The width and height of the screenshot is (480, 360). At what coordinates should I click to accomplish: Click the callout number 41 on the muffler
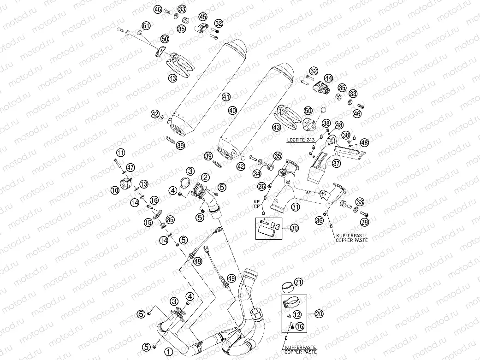click(225, 97)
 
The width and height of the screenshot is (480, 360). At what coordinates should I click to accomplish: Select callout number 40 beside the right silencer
click(232, 111)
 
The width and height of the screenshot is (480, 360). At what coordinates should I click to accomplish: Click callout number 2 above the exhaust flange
click(205, 177)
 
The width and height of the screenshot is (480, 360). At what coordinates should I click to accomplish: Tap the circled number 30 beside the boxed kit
click(294, 228)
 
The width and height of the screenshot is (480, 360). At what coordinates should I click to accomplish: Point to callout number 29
click(365, 223)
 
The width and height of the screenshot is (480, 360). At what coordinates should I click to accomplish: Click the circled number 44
click(328, 78)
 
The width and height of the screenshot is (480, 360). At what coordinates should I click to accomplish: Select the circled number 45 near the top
click(203, 17)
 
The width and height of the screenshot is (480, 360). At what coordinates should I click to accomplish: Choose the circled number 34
click(256, 173)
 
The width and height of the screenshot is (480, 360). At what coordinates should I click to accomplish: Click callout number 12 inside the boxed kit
click(297, 314)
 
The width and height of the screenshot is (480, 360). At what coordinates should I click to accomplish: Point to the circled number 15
click(148, 222)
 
